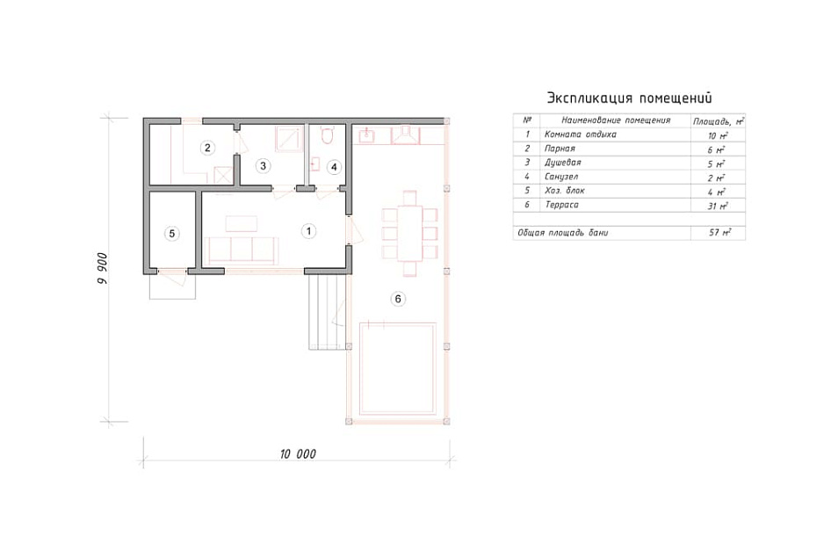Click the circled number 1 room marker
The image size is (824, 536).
pos(308,231)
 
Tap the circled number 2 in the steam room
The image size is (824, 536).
pos(207,148)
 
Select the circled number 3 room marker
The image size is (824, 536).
pos(263,166)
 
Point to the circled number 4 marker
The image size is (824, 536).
pos(334,167)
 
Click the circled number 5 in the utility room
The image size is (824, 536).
pos(172,234)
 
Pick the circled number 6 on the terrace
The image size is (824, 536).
pos(398,299)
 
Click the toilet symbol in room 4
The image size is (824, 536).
pos(326,134)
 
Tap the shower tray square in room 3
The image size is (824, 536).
pos(288,138)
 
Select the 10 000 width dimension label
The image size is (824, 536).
pos(298,454)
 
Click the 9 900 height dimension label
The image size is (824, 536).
pos(102,269)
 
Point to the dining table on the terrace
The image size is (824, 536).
pos(410,234)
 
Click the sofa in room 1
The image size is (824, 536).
pos(242,250)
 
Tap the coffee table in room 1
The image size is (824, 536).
pos(242,224)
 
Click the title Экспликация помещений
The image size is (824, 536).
pos(630,98)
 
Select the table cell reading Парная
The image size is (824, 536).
pos(560,148)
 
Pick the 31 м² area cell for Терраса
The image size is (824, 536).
pos(718,206)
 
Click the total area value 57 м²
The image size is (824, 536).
pos(719,232)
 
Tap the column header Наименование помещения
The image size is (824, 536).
pos(616,120)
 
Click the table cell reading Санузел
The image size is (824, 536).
pos(561,177)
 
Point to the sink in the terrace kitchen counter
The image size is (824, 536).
pos(366,135)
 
